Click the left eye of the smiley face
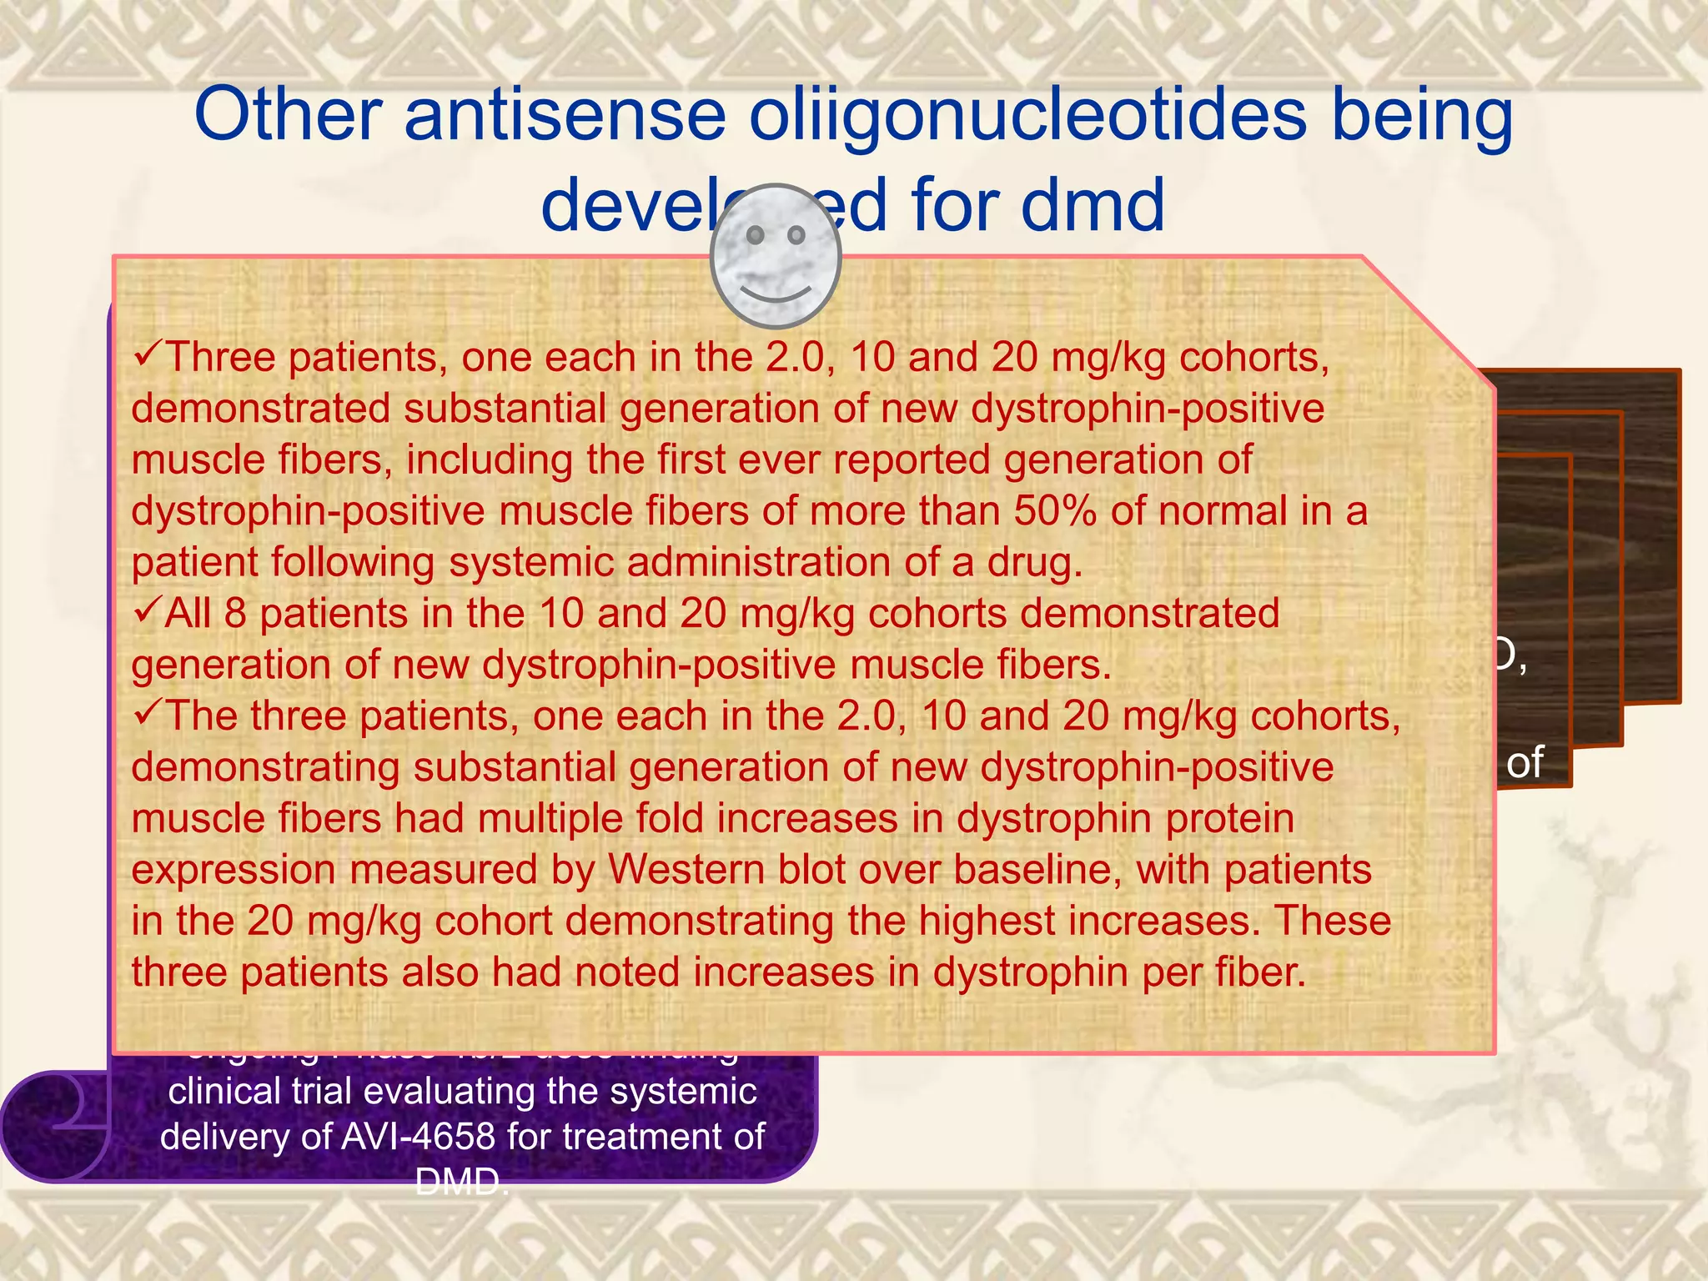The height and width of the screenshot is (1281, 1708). (x=755, y=236)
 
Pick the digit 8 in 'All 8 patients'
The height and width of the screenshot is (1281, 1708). (x=235, y=615)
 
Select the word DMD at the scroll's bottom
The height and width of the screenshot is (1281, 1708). (x=461, y=1182)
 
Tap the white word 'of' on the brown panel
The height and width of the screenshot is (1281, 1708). (x=1525, y=762)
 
